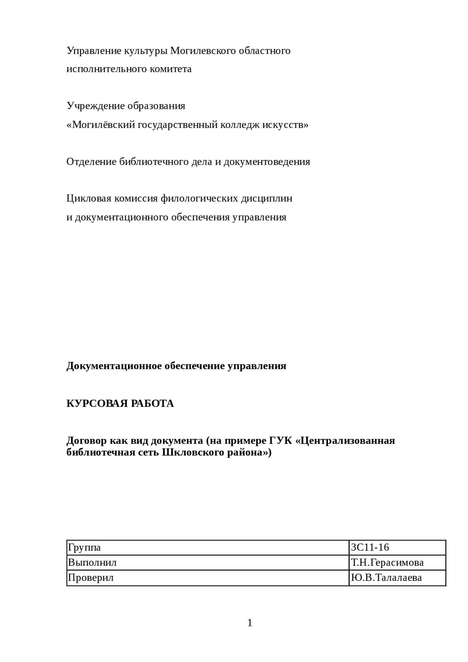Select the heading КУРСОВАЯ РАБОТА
coord(120,404)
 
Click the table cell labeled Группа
coord(84,548)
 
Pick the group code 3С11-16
coord(370,548)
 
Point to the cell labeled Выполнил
coord(92,563)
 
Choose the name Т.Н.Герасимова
coord(387,563)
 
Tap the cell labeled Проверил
coord(91,578)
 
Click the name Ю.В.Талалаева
coord(386,578)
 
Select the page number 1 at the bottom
coord(250,623)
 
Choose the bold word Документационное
coord(114,366)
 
